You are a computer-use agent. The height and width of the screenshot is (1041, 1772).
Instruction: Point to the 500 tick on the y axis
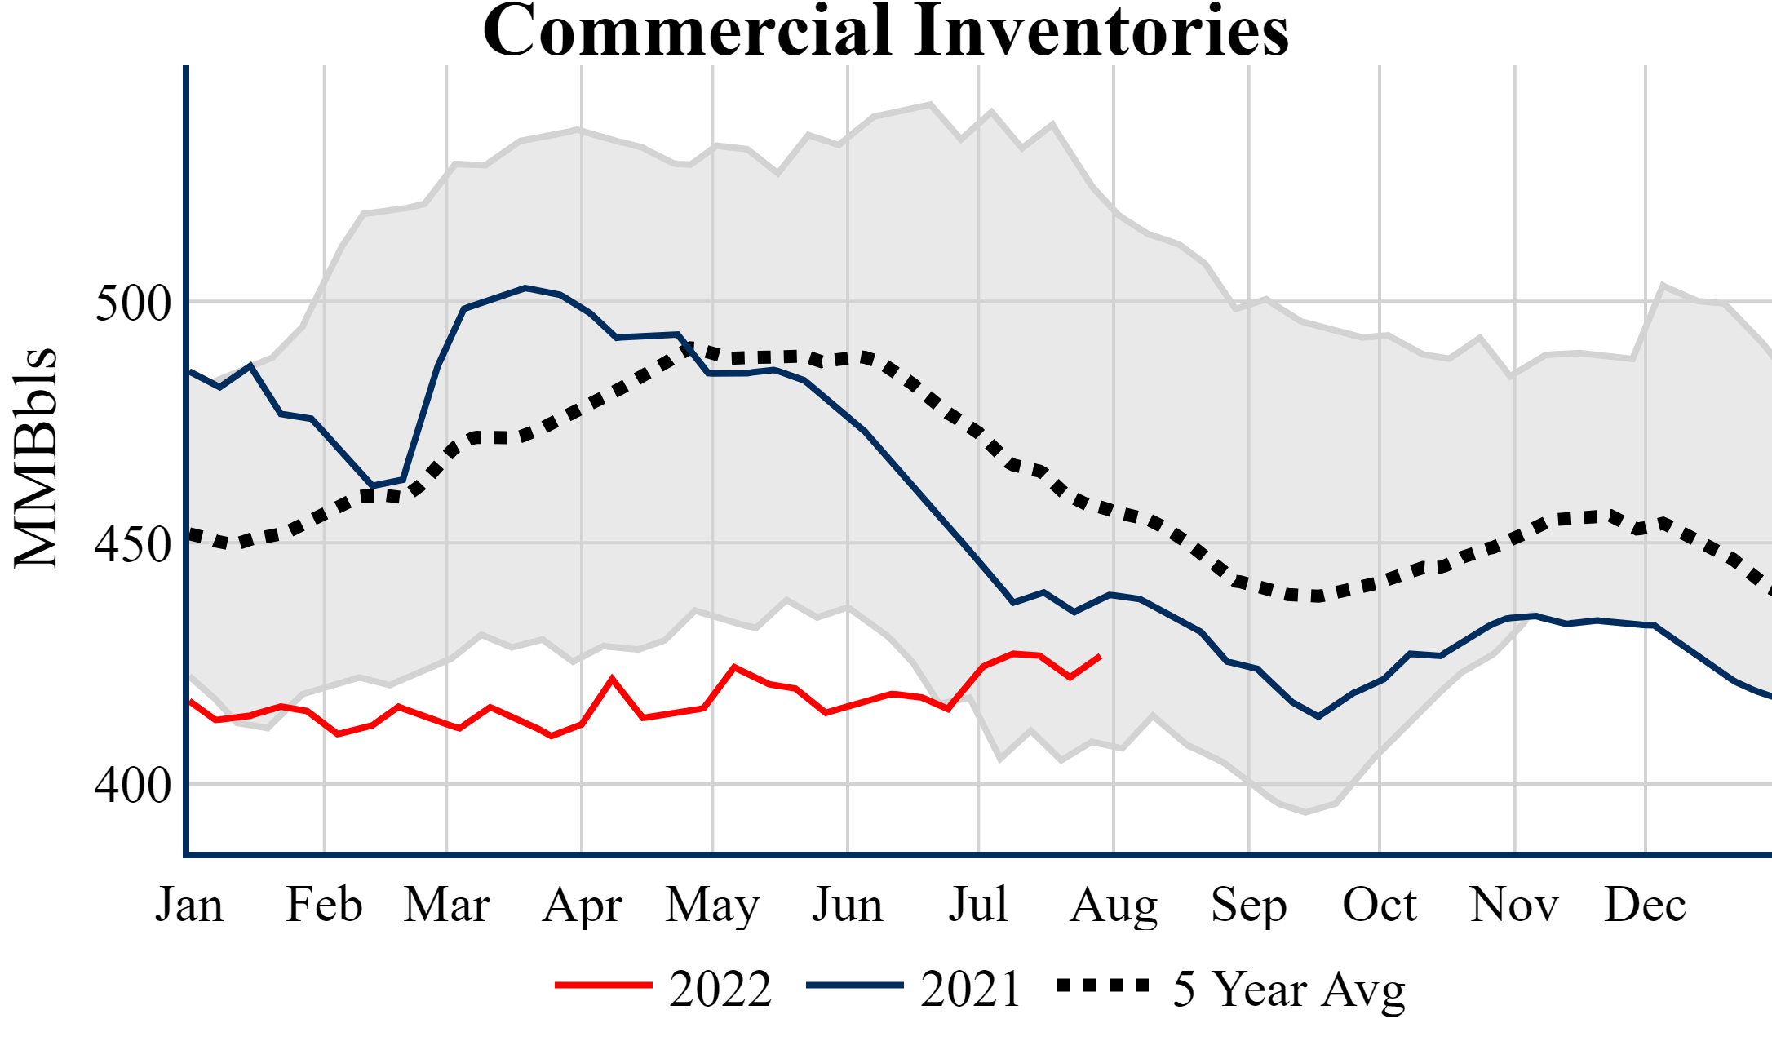tap(133, 303)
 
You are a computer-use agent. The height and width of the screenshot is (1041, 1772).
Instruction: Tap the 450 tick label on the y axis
tap(133, 544)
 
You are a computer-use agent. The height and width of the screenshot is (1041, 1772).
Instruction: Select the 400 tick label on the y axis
tap(133, 786)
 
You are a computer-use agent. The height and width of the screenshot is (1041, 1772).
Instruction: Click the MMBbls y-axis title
tap(36, 458)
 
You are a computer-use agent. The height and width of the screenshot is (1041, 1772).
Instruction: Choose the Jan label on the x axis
tap(189, 905)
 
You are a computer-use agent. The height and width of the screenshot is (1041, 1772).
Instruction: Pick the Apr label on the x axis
tap(583, 905)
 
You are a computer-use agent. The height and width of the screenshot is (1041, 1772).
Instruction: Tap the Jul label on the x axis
tap(978, 905)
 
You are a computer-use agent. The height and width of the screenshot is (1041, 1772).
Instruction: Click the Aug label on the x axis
tap(1114, 905)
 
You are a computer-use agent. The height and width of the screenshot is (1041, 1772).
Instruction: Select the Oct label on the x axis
tap(1380, 905)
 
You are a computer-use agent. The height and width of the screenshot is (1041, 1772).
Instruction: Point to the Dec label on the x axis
tap(1645, 905)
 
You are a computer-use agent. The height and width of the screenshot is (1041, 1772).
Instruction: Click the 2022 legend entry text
tap(720, 990)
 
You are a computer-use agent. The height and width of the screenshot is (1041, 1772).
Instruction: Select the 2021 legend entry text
tap(971, 990)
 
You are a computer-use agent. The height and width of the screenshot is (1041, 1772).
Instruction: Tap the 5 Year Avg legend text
tap(1289, 990)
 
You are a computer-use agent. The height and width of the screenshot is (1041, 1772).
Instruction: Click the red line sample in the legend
tap(604, 986)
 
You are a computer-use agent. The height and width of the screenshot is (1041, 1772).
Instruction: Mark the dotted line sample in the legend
tap(1103, 986)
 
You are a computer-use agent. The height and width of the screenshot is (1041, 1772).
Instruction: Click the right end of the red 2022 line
tap(1101, 656)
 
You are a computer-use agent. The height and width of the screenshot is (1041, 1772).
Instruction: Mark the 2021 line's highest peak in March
tap(525, 287)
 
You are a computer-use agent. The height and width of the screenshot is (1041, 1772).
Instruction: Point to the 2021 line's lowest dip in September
tap(1318, 717)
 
